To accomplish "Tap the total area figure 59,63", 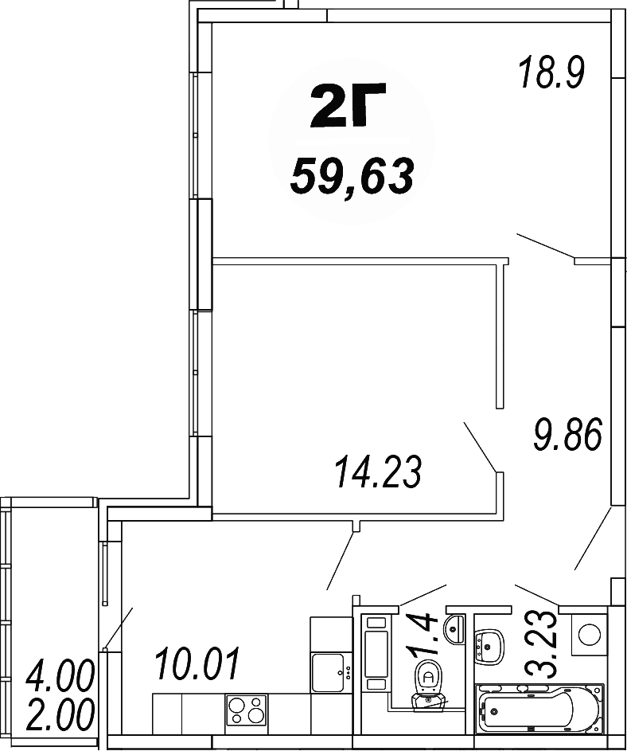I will [x=352, y=176].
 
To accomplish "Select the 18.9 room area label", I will [x=551, y=73].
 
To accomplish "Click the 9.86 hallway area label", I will [x=567, y=434].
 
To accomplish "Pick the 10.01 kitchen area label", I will [x=197, y=663].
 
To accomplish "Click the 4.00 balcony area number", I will [x=60, y=679].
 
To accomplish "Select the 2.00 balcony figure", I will [x=60, y=715].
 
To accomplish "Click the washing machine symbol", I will [x=590, y=634].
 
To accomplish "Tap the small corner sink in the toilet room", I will [x=456, y=627].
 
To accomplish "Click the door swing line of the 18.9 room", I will [x=545, y=245].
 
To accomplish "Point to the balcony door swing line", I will [x=117, y=626].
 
